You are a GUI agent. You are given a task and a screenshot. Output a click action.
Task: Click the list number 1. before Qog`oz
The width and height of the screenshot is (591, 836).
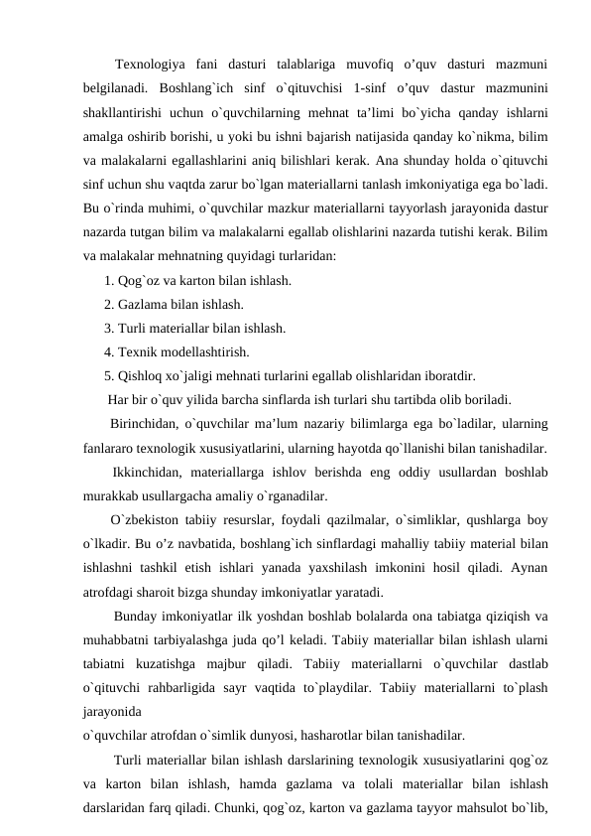coord(109,281)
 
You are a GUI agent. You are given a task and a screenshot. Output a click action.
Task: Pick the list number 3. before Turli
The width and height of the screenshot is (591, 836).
coord(109,329)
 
